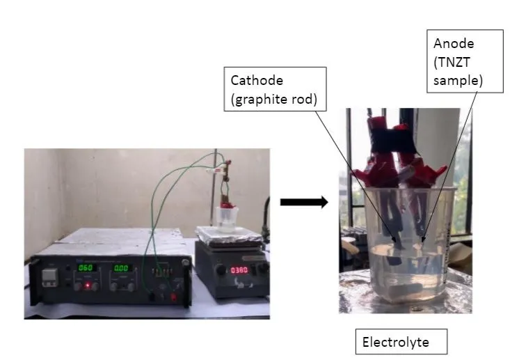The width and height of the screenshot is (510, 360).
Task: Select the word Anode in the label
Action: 452,43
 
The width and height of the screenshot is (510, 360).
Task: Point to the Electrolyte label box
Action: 401,342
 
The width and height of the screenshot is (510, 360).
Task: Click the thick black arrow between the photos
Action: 303,203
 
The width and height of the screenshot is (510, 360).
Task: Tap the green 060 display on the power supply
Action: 86,268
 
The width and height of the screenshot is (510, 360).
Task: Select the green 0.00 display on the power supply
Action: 121,268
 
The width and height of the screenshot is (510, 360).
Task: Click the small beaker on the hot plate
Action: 228,218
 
